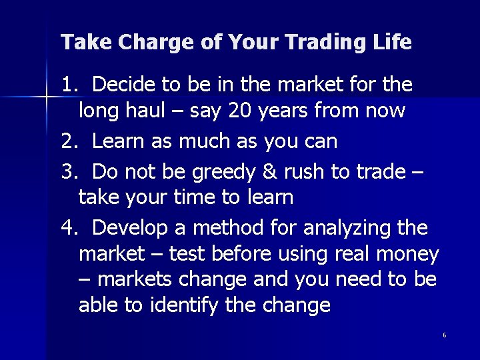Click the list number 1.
pyautogui.click(x=68, y=85)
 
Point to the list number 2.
pyautogui.click(x=68, y=141)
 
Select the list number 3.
pyautogui.click(x=68, y=171)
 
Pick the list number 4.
pyautogui.click(x=68, y=228)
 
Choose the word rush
pyautogui.click(x=306, y=171)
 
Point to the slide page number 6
pyautogui.click(x=444, y=335)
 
